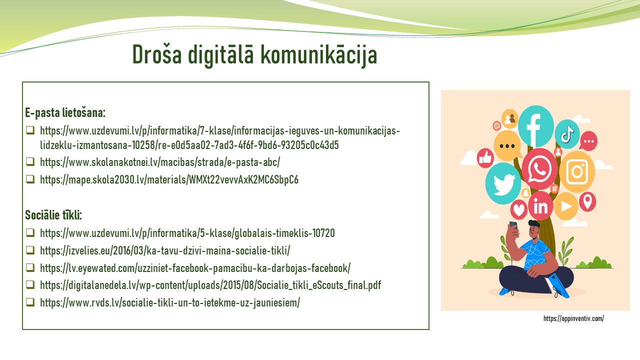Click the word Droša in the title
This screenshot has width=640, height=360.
(157, 54)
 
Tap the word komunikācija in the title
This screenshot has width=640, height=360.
(319, 55)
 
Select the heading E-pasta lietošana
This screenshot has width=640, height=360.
(65, 112)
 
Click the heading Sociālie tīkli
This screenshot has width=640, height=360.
(53, 215)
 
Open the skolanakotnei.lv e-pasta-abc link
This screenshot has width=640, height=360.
(160, 162)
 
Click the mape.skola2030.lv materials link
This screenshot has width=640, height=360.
(169, 179)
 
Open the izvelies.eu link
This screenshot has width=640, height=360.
(165, 250)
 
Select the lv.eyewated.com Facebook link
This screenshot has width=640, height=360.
(195, 268)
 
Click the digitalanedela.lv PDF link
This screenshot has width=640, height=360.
(210, 285)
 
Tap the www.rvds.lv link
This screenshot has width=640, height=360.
(170, 302)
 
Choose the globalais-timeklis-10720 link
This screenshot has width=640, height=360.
(187, 233)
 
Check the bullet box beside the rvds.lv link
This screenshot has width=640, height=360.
(30, 302)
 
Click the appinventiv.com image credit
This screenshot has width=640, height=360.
(573, 318)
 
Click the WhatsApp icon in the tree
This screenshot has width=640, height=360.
(539, 169)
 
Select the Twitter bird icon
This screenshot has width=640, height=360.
(503, 183)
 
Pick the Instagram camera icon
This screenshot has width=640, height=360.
(577, 171)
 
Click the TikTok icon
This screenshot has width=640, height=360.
(567, 134)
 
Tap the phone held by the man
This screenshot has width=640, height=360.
(513, 225)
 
